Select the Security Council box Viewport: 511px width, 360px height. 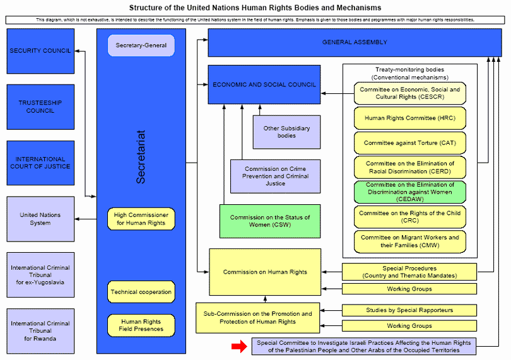coord(40,51)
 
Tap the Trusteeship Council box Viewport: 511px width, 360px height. coord(40,107)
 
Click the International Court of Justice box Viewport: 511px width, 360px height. coord(40,163)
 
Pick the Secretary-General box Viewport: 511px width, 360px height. coord(141,45)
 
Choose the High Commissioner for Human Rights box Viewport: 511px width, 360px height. coord(141,219)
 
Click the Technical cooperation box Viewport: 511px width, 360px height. coord(141,292)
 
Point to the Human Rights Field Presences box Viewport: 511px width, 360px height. coord(141,325)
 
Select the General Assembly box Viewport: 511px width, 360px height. coord(355,42)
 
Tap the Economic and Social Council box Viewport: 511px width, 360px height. coord(264,84)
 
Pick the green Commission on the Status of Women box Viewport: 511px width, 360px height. coord(269,221)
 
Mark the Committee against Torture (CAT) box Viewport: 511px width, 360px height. coord(409,143)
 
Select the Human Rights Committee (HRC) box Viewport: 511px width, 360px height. coord(409,118)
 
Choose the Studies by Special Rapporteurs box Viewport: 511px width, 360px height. coord(409,310)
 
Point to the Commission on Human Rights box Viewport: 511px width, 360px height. coord(265,272)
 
